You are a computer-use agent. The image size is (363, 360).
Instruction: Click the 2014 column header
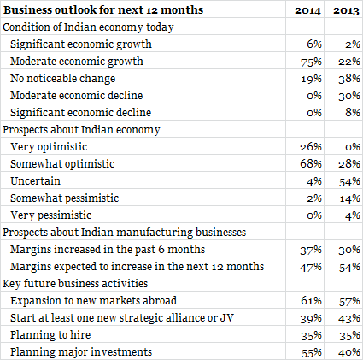coord(307,10)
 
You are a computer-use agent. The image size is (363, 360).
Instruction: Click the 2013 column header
coord(347,10)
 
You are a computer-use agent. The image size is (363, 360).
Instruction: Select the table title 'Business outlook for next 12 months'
coord(103,10)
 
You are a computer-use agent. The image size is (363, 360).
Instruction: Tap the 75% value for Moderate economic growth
coord(311,62)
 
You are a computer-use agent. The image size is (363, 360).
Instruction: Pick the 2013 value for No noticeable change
coord(349,79)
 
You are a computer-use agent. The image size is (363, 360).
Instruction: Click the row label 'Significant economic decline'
coord(81,113)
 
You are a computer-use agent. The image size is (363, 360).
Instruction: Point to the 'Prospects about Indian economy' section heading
coord(81,130)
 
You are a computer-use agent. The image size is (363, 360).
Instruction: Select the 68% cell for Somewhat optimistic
coord(311,164)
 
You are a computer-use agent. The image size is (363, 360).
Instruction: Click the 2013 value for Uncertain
coord(349,181)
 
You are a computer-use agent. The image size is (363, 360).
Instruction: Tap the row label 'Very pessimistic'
coord(51,215)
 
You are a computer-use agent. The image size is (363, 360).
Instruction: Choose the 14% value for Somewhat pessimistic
coord(350,198)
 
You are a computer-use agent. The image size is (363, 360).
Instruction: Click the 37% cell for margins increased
coord(311,250)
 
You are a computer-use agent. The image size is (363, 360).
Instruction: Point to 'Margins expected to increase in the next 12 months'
coord(138,267)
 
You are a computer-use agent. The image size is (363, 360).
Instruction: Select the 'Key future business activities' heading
coord(75,284)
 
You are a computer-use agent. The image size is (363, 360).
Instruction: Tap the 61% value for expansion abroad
coord(311,301)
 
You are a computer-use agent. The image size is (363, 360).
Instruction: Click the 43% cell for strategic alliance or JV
coord(349,318)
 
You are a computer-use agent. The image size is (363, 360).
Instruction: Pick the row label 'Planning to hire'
coord(50,335)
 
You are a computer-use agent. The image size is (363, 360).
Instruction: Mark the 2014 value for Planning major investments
coord(312,353)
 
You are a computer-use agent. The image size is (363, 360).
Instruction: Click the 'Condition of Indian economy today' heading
coord(88,27)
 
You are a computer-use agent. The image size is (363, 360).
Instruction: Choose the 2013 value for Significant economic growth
coord(353,44)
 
